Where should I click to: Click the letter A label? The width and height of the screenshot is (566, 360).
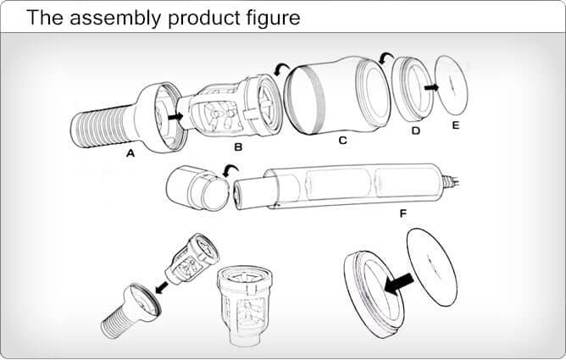pos(130,153)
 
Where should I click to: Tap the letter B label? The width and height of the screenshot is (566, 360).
pos(238,147)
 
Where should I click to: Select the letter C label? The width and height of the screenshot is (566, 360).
pos(342,141)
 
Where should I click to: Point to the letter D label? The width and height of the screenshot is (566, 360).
pos(416,130)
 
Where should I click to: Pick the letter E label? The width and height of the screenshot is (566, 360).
pos(456,125)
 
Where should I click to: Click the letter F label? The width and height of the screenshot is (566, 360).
pos(403,213)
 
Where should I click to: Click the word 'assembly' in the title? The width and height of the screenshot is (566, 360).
pos(115,18)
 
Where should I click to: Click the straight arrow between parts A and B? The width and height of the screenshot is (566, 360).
pos(175,117)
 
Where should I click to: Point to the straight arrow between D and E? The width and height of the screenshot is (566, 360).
pos(431,87)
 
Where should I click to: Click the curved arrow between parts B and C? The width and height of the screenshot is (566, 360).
pos(281,69)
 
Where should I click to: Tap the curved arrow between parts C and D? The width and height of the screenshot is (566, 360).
pos(386,57)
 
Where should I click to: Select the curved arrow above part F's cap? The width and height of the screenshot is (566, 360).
pos(230,169)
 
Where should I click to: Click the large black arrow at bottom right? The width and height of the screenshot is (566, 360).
pos(398,282)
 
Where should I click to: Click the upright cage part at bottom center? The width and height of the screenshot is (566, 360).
pos(245,306)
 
